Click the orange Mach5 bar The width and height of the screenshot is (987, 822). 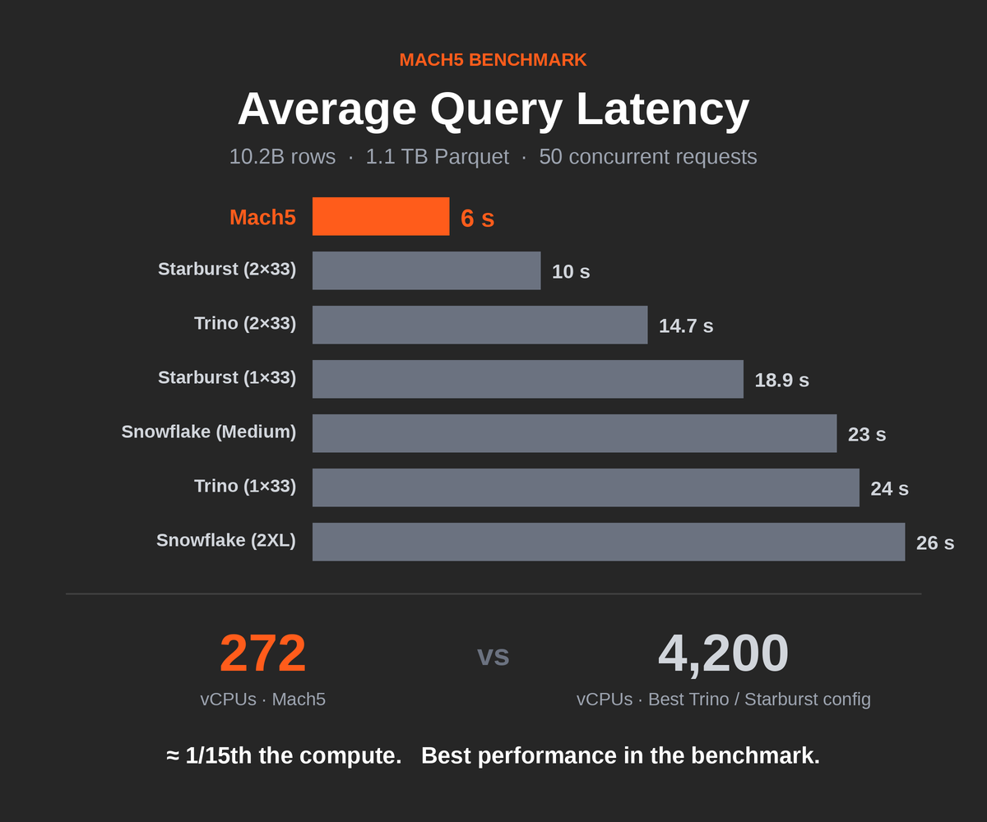pyautogui.click(x=381, y=216)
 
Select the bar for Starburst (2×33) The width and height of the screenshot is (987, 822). pyautogui.click(x=426, y=270)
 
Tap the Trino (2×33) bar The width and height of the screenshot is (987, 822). pyautogui.click(x=480, y=325)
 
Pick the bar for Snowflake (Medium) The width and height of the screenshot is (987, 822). pyautogui.click(x=574, y=433)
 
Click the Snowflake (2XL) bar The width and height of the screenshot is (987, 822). pyautogui.click(x=609, y=542)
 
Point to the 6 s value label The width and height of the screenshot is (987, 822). pyautogui.click(x=477, y=219)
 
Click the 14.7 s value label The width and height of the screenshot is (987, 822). pyautogui.click(x=686, y=326)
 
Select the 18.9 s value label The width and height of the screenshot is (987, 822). pyautogui.click(x=781, y=380)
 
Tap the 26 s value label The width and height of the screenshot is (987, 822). pyautogui.click(x=935, y=543)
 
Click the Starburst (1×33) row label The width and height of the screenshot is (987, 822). pyautogui.click(x=227, y=377)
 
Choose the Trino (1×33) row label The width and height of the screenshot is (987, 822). pyautogui.click(x=245, y=486)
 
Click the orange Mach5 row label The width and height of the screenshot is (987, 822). pyautogui.click(x=262, y=217)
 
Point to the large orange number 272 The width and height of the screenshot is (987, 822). pyautogui.click(x=263, y=653)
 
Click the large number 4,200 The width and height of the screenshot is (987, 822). pyautogui.click(x=723, y=653)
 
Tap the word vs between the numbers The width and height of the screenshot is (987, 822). pyautogui.click(x=493, y=655)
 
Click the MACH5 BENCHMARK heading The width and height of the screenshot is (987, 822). pyautogui.click(x=493, y=60)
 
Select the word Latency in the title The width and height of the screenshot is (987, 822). pyautogui.click(x=662, y=109)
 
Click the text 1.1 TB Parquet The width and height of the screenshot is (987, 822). pyautogui.click(x=437, y=156)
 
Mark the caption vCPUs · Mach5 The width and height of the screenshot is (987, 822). pyautogui.click(x=263, y=699)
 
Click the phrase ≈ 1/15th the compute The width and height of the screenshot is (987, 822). pyautogui.click(x=284, y=755)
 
